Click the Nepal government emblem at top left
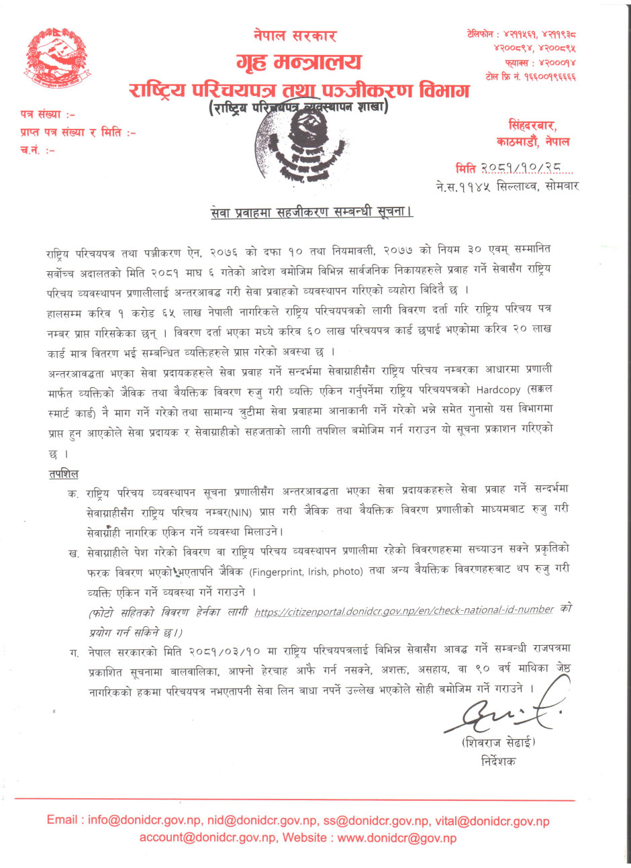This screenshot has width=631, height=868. click(57, 59)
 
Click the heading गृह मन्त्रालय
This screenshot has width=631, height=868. click(299, 62)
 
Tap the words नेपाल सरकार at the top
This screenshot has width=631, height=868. click(295, 36)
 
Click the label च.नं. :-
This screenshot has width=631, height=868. click(38, 150)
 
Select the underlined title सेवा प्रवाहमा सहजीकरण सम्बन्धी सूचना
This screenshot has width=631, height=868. click(311, 212)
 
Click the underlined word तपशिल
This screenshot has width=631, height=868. click(63, 474)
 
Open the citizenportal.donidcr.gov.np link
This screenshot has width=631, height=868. click(404, 610)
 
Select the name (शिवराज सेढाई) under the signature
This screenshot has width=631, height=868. click(499, 742)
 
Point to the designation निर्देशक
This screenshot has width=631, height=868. click(499, 761)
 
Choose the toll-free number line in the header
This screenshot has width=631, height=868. click(530, 77)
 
